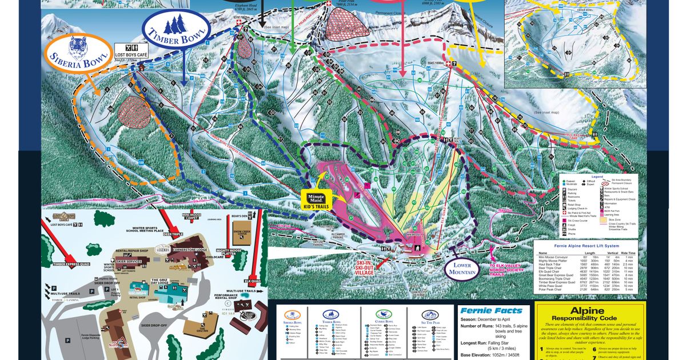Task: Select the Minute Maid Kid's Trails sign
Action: [316, 198]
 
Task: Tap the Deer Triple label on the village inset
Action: [172, 234]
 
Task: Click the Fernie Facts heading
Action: [490, 311]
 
